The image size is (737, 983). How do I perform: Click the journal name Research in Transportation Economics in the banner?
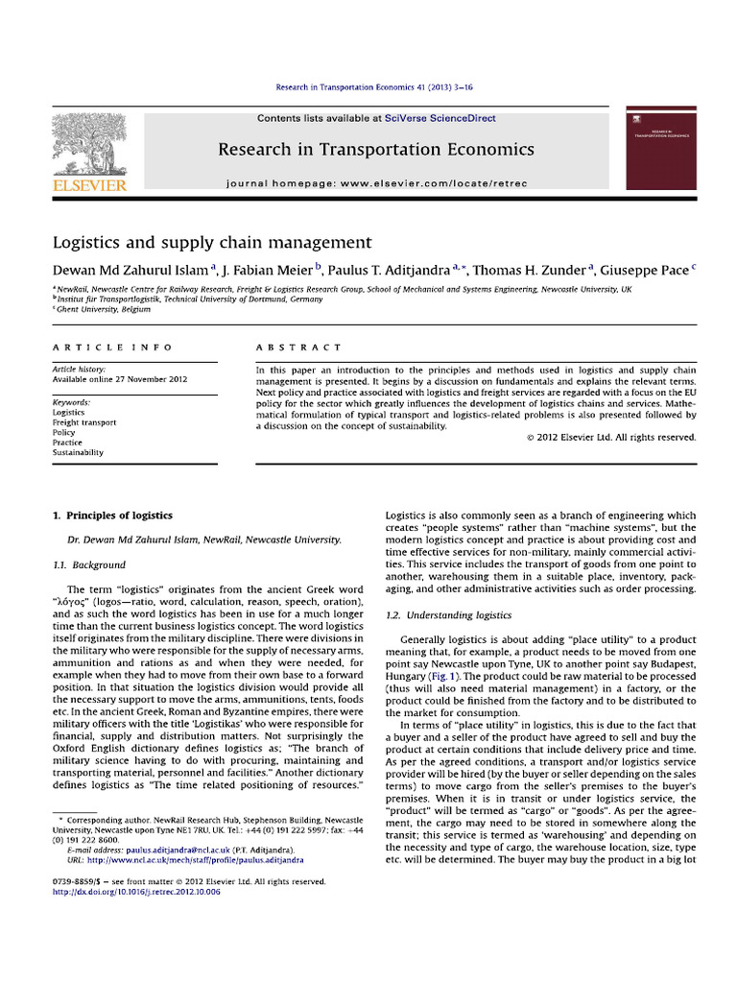pyautogui.click(x=375, y=149)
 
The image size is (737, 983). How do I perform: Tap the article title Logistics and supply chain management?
pyautogui.click(x=211, y=242)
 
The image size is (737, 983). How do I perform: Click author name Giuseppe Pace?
pyautogui.click(x=646, y=270)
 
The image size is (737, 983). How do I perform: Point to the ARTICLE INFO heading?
pyautogui.click(x=112, y=347)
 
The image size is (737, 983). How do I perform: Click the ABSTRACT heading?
pyautogui.click(x=297, y=347)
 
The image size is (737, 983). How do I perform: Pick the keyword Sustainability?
pyautogui.click(x=78, y=452)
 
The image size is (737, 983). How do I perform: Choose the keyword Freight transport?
pyautogui.click(x=84, y=422)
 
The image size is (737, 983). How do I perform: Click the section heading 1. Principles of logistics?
pyautogui.click(x=112, y=515)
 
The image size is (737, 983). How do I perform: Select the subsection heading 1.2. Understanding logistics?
pyautogui.click(x=448, y=614)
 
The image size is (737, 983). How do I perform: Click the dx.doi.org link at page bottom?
pyautogui.click(x=136, y=892)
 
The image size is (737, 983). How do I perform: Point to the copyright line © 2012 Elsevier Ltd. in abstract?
pyautogui.click(x=611, y=438)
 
